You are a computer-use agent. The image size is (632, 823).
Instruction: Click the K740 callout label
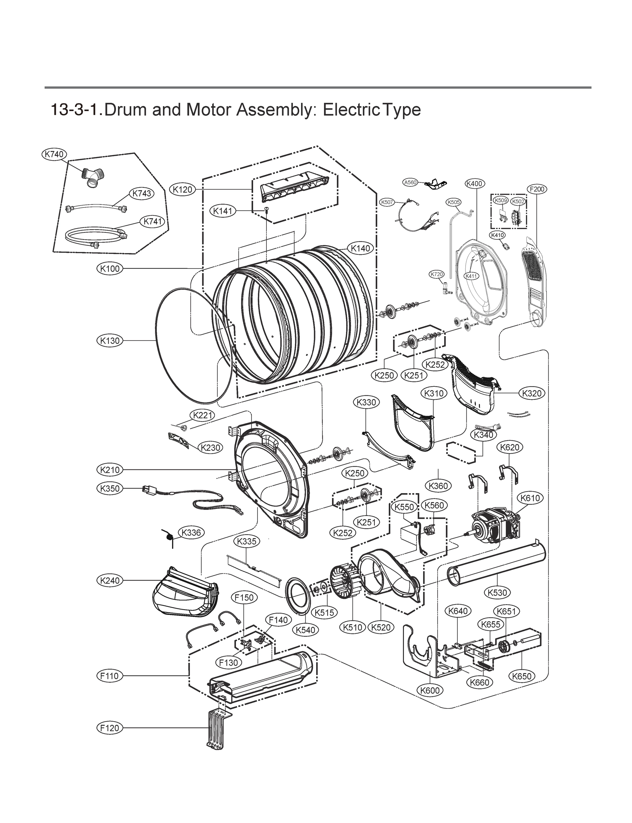tap(54, 154)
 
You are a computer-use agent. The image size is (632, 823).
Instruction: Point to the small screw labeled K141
tap(266, 209)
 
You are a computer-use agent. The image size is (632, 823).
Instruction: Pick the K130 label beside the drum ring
tap(110, 341)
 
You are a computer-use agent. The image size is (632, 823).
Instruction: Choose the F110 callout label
tap(109, 676)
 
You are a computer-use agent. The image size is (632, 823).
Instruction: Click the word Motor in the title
tap(209, 110)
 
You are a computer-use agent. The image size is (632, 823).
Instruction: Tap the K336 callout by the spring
tap(191, 533)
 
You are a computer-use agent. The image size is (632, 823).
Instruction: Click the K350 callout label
tap(110, 489)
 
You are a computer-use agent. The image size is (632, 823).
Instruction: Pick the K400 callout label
tap(475, 183)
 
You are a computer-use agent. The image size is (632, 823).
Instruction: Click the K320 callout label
tap(532, 393)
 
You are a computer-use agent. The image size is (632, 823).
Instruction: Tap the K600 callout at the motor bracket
tap(430, 690)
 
